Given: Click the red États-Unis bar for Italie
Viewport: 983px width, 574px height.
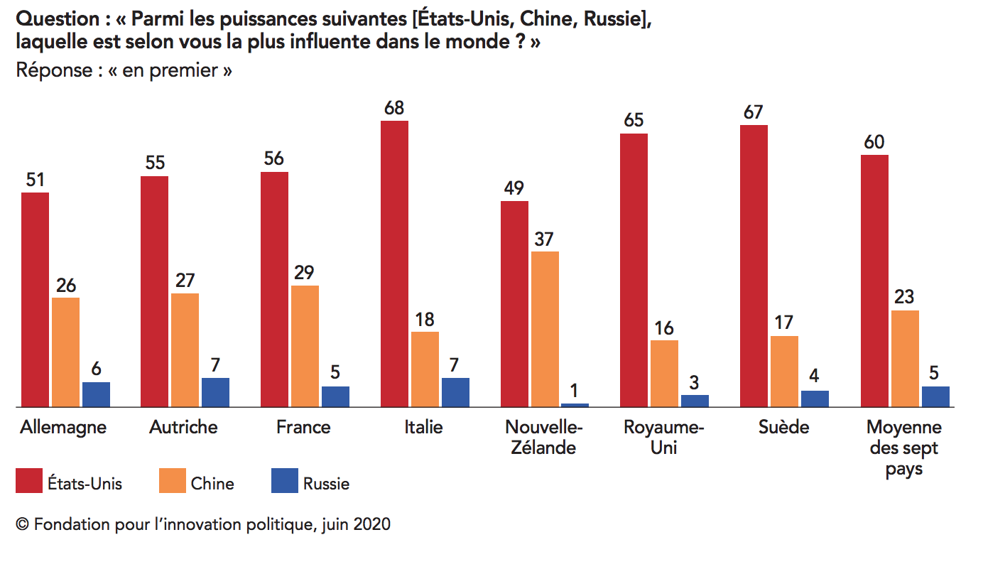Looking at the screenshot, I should pos(394,264).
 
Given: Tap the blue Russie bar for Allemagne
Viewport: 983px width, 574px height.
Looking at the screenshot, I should pos(96,394).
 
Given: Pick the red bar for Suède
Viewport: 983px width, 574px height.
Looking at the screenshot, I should pos(754,266).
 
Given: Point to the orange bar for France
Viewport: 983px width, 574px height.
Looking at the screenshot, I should pos(305,346).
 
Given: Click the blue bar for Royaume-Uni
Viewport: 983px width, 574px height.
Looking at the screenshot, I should pos(695,401).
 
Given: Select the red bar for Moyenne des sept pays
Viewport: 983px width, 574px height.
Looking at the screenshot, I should pos(874,281).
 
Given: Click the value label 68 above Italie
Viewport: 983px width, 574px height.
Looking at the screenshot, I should pos(394,108).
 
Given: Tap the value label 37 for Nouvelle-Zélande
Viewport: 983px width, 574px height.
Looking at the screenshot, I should pos(545,239).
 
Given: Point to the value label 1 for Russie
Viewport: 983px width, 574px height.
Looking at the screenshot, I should pos(575,391).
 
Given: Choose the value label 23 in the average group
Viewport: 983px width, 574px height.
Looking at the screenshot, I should pos(904,297).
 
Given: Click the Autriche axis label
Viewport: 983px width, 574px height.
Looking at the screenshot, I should pos(183,427).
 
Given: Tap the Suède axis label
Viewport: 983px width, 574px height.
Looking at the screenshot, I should pos(783,427).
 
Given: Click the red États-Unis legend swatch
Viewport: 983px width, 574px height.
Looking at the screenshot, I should pos(28,481).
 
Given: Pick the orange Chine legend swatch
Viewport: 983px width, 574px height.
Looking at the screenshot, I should pos(171,481).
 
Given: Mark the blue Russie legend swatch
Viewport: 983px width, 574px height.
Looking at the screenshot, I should pos(284,481).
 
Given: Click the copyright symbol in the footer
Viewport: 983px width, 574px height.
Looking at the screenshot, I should pos(22,525).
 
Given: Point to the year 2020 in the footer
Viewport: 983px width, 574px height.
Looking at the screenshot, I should pos(372,525).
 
